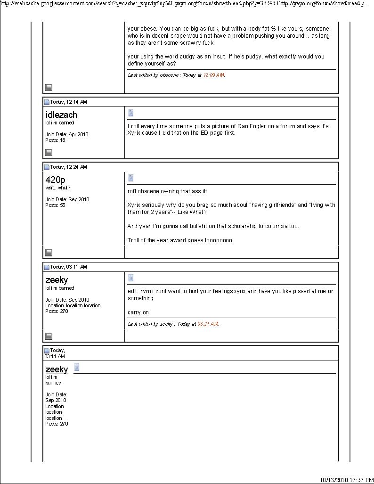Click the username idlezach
tap(61, 115)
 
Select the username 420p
tap(55, 180)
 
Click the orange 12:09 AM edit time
tap(213, 75)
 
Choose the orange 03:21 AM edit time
tap(208, 324)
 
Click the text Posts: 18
tap(55, 140)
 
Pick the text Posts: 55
tap(55, 205)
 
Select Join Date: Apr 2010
tap(66, 134)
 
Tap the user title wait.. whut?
tap(57, 188)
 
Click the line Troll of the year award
tap(179, 240)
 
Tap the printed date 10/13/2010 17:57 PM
tap(346, 480)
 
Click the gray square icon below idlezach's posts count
tap(49, 152)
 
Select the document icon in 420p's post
tap(130, 178)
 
